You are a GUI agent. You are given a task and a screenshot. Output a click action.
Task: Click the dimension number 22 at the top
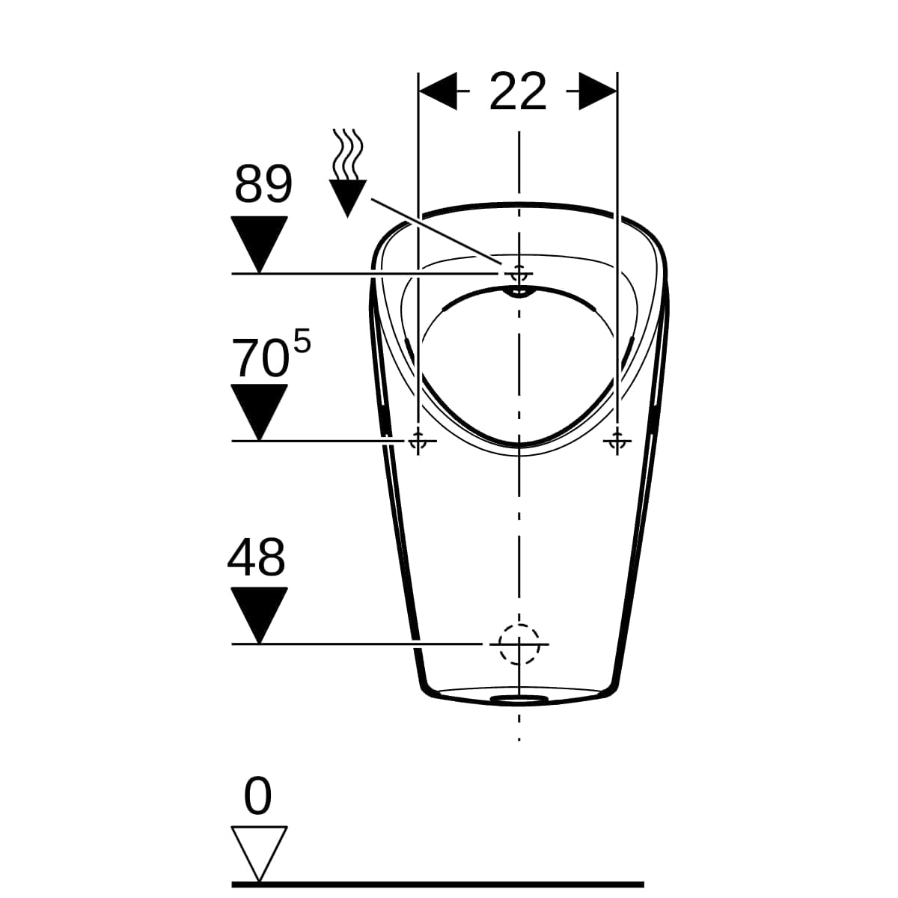pyautogui.click(x=517, y=92)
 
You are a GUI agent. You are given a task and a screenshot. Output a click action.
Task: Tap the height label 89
pyautogui.click(x=263, y=185)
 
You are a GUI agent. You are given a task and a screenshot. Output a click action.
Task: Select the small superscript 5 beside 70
pyautogui.click(x=302, y=340)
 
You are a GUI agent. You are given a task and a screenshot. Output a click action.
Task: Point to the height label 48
pyautogui.click(x=256, y=558)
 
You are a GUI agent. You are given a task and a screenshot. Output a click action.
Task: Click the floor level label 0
pyautogui.click(x=257, y=795)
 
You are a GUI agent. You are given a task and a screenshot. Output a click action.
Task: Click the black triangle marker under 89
pyautogui.click(x=259, y=244)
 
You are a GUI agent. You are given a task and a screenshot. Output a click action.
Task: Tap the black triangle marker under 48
pyautogui.click(x=259, y=615)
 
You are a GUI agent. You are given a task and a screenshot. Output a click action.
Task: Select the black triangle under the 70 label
pyautogui.click(x=259, y=412)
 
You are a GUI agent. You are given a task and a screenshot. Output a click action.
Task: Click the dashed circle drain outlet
pyautogui.click(x=519, y=644)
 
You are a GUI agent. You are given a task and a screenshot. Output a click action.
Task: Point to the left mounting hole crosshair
pyautogui.click(x=418, y=440)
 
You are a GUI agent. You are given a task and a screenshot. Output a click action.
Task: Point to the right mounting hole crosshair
pyautogui.click(x=617, y=440)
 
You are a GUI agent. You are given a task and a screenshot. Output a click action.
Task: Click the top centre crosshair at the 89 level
pyautogui.click(x=519, y=274)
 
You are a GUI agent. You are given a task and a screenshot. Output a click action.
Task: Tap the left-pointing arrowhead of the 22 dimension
pyautogui.click(x=438, y=91)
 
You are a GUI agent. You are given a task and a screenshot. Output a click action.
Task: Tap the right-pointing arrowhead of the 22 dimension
pyautogui.click(x=598, y=91)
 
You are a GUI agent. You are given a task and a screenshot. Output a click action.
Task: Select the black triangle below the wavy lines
pyautogui.click(x=348, y=198)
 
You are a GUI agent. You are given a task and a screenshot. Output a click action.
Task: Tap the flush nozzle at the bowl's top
pyautogui.click(x=519, y=292)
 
